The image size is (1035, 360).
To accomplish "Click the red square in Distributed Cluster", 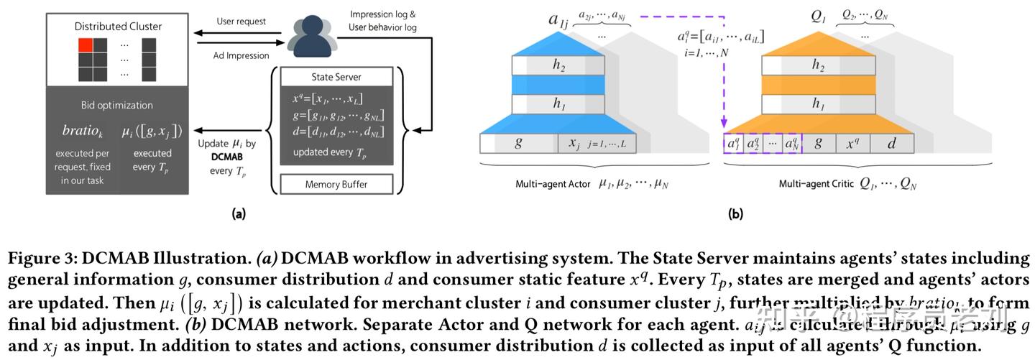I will (86, 45).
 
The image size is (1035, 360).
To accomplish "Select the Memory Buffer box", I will (336, 184).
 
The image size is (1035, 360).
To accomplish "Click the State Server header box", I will (336, 77).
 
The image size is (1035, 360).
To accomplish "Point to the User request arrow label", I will (241, 22).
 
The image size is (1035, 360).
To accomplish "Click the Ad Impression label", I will (241, 55).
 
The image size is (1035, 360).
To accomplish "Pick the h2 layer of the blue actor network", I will (558, 65).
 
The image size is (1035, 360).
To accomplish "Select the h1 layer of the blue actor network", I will (558, 104).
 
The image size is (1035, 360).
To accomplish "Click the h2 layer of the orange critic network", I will (818, 65).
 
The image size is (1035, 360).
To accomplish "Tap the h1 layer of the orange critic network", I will (818, 104).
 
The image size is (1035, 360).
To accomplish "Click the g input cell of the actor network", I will (519, 143).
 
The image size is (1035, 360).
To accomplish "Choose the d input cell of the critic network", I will (891, 143).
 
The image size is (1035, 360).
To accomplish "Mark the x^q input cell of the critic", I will (852, 143).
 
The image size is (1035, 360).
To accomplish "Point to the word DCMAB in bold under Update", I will (226, 155).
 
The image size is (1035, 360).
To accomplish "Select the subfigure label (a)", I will (239, 213).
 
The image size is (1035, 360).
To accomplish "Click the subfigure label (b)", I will (735, 213).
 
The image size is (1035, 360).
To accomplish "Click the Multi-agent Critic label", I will (816, 184).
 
